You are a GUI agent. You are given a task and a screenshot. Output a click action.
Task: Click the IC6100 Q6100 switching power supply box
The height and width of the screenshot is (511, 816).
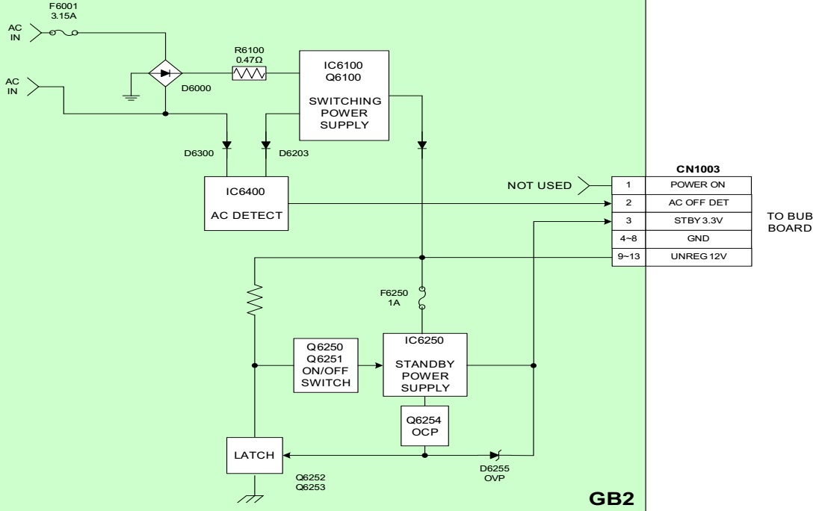click(x=344, y=95)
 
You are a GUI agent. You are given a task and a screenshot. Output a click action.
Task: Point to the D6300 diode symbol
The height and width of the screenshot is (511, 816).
click(x=224, y=144)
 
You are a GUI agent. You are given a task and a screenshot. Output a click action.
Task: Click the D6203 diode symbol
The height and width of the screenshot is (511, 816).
click(x=265, y=144)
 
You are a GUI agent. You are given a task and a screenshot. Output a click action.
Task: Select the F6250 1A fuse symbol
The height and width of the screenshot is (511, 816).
click(x=422, y=297)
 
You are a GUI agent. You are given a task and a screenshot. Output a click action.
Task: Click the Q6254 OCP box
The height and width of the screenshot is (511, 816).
click(x=424, y=424)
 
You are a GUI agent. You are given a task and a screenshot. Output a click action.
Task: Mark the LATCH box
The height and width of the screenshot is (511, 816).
click(x=254, y=454)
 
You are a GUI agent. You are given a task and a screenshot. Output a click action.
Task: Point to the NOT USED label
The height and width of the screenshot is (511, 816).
click(x=540, y=185)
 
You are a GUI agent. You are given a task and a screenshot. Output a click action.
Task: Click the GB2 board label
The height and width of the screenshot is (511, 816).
click(x=611, y=495)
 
